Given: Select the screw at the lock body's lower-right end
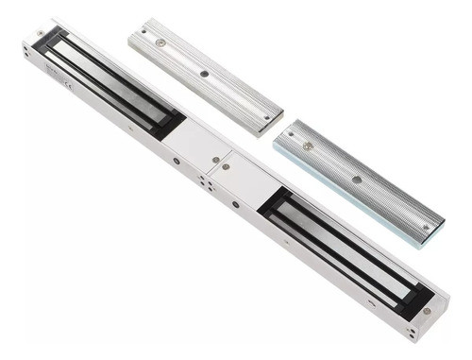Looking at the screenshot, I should pos(426,310).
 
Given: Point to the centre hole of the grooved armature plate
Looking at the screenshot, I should pos(203,72).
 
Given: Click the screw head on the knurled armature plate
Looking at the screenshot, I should pos(308,146).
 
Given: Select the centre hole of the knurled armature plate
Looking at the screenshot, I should pos(357,180).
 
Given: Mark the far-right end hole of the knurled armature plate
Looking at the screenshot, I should pos(426,227).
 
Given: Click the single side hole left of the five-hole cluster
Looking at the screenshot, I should pos(176,161).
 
